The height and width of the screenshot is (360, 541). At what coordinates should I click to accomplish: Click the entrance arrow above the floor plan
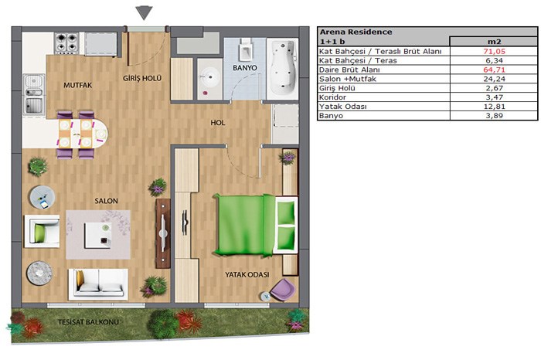(x=144, y=13)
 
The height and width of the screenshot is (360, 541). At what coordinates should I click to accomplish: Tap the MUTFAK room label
(x=77, y=85)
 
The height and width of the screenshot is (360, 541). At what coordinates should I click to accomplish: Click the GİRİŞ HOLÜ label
(x=142, y=78)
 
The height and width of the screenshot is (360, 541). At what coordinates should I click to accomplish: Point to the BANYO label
(x=245, y=68)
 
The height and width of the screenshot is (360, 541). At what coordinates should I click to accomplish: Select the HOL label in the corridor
(x=218, y=123)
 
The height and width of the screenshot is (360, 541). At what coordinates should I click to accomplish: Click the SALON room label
(x=107, y=201)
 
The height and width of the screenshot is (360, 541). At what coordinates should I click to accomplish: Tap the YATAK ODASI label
(x=247, y=275)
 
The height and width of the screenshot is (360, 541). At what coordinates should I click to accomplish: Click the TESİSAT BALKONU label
(x=88, y=322)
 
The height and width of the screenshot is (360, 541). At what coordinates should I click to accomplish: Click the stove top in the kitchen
(x=67, y=42)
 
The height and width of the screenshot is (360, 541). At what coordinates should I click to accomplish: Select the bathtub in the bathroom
(x=283, y=67)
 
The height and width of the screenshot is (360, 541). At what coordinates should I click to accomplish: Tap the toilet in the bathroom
(x=245, y=51)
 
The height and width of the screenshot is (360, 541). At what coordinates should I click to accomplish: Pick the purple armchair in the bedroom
(x=284, y=289)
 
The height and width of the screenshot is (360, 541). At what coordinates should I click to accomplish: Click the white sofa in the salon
(x=98, y=284)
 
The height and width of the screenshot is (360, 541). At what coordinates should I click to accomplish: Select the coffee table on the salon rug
(x=98, y=235)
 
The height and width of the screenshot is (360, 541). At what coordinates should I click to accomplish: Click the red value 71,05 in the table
(x=494, y=52)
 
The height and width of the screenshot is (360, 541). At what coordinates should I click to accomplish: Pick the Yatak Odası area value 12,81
(x=494, y=107)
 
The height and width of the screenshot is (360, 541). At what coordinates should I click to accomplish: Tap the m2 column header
(x=494, y=42)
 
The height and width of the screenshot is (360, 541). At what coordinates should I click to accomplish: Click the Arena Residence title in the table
(x=356, y=32)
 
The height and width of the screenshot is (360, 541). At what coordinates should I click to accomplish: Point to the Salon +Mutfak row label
(x=348, y=79)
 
